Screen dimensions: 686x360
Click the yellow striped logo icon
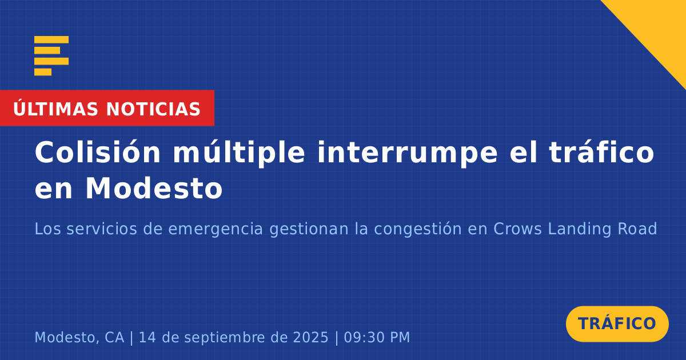[x=51, y=56]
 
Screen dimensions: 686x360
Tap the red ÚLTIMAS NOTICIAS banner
[x=107, y=108]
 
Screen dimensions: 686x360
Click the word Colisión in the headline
[x=98, y=152]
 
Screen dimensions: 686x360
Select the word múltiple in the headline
[x=239, y=153]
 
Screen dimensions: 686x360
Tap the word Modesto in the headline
[x=154, y=188]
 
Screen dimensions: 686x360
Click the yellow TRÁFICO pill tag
[x=617, y=323]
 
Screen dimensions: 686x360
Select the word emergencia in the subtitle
[x=216, y=229]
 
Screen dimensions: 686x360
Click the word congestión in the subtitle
[x=418, y=229]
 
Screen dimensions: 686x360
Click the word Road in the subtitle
[x=637, y=229]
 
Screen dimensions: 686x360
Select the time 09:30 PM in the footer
[x=377, y=337]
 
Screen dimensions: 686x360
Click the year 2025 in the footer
[x=311, y=337]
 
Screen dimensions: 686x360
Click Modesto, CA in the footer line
[x=79, y=337]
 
